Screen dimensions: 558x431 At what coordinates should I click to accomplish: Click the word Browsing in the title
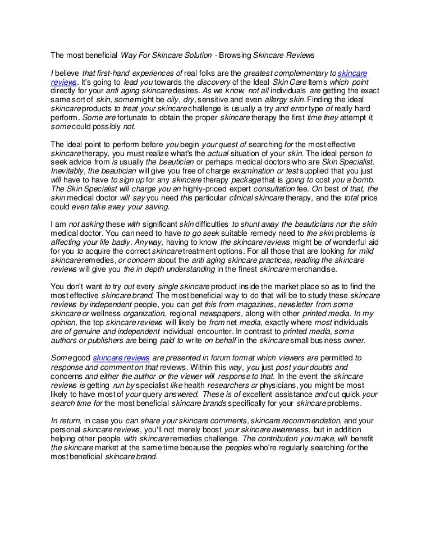coord(236,55)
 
